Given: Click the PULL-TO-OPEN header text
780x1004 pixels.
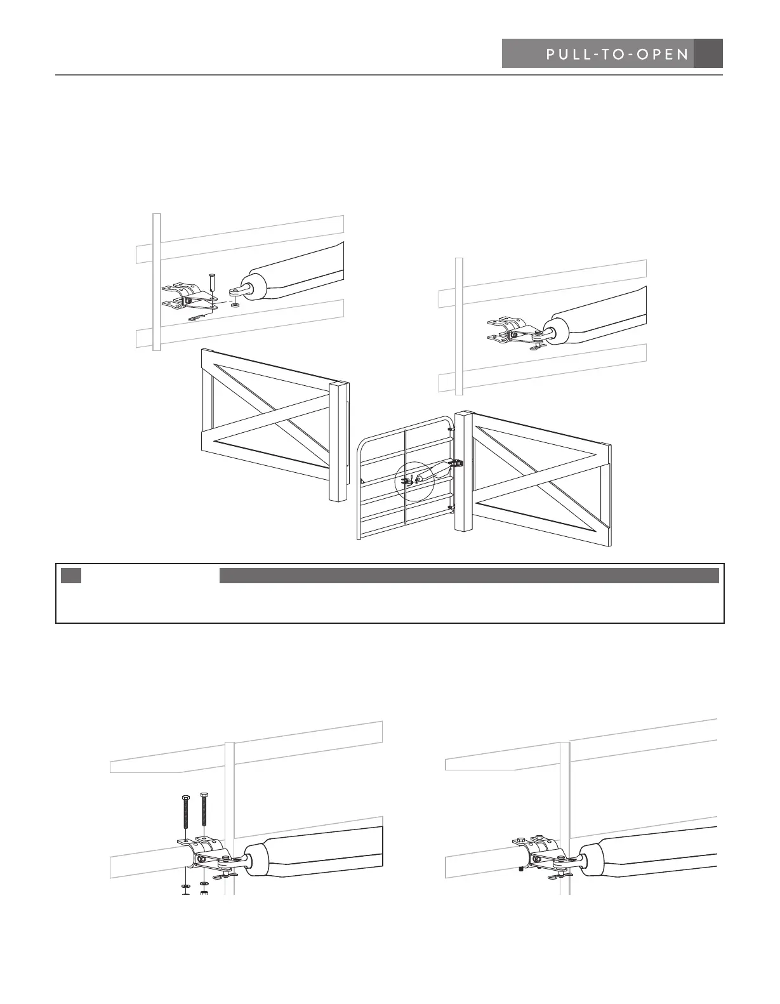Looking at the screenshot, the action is click(617, 55).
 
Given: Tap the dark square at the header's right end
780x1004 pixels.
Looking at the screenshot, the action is click(708, 54).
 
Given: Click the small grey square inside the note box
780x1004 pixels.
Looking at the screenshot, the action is click(72, 576).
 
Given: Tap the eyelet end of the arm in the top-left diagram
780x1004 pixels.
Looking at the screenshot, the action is click(235, 291).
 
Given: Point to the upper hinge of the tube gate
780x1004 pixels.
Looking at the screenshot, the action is click(451, 428).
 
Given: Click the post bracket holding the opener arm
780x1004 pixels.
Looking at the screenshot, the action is click(456, 463).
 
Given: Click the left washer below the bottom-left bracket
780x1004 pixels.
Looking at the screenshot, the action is click(185, 885).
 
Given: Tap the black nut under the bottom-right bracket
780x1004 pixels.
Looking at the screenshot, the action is click(520, 869).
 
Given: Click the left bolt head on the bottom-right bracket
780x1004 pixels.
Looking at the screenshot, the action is click(519, 841).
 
